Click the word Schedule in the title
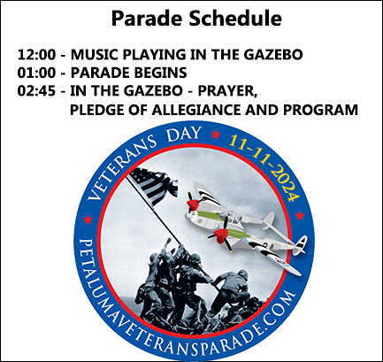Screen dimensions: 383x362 point(235,19)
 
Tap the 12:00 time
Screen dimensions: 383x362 point(36,55)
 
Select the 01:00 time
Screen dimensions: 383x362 point(36,73)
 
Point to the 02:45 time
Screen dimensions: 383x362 point(36,91)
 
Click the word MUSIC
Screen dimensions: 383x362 point(94,55)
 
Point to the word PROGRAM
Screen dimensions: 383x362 point(320,110)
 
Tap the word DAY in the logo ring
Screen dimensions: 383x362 point(183,135)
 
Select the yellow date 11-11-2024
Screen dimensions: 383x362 point(266,166)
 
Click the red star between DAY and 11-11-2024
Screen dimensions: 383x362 point(216,135)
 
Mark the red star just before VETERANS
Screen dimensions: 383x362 point(88,220)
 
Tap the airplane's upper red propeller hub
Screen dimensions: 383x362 point(193,204)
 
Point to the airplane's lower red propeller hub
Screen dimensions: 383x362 point(220,235)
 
